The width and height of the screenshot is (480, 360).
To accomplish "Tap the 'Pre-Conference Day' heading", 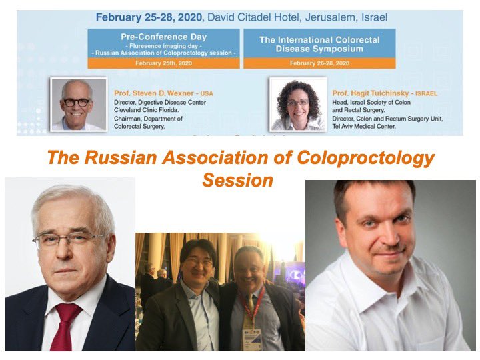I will (163, 37).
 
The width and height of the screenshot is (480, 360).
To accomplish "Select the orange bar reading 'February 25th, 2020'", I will (163, 63).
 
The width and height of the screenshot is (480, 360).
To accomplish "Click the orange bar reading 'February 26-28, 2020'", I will (319, 63).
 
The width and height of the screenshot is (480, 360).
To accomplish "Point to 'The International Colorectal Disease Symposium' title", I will (319, 44).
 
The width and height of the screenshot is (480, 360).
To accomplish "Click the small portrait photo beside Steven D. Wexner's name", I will (78, 104).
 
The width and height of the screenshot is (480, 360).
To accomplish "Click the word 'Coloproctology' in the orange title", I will (361, 159).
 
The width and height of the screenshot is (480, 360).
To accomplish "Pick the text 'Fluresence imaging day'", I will (163, 45).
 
